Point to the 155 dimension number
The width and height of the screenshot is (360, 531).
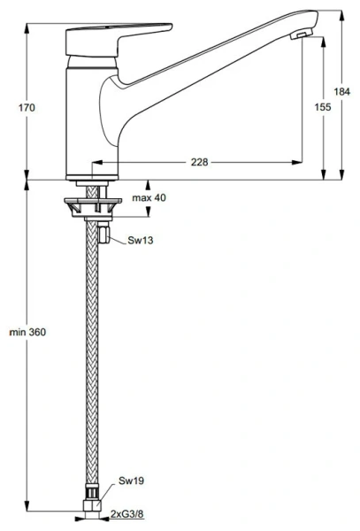click(324, 106)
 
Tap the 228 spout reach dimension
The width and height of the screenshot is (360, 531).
click(200, 162)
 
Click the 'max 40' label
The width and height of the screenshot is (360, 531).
click(149, 198)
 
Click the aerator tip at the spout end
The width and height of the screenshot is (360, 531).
click(303, 34)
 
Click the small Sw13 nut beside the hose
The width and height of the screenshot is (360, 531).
click(104, 235)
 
